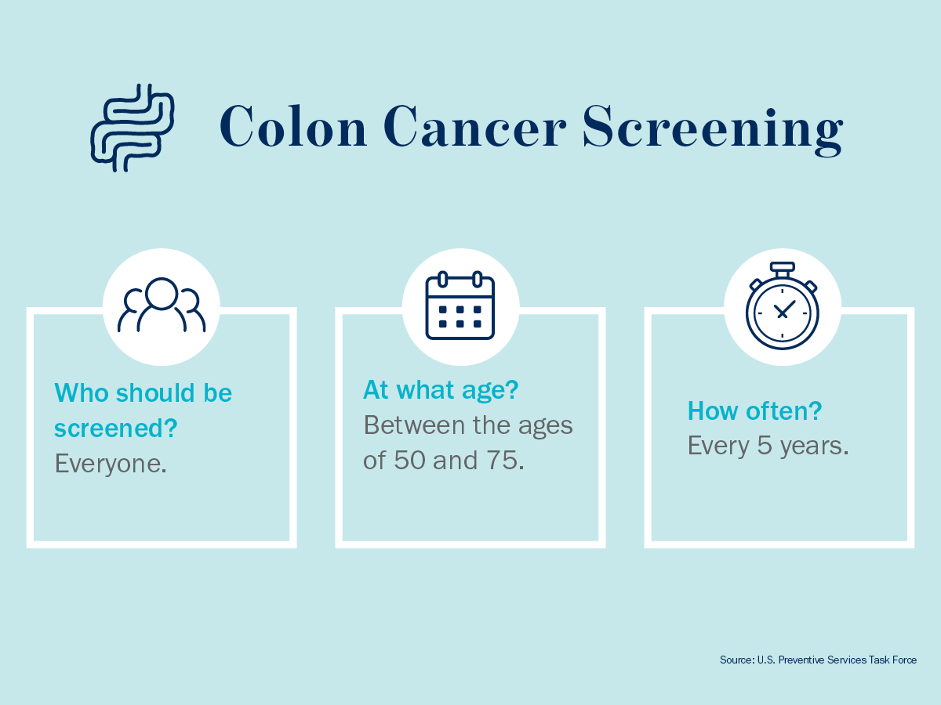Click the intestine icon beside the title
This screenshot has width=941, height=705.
coord(133,128)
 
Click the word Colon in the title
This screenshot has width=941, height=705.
coord(293,126)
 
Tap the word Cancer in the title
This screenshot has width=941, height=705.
coord(474,126)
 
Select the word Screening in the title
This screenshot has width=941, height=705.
coord(713,130)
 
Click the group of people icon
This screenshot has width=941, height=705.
coord(162,305)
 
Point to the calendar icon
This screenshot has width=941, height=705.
coord(460,305)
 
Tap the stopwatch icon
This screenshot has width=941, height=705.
coord(783,305)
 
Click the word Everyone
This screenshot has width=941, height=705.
coord(111,464)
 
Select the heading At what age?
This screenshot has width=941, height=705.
coord(441,390)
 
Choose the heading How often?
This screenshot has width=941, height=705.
coord(755,411)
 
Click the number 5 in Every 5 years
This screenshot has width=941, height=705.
coord(765,446)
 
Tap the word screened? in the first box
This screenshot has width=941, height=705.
coord(116,428)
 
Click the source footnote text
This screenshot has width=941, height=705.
coord(818,660)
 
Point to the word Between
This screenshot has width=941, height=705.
coord(414,425)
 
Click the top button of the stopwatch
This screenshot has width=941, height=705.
coord(783,268)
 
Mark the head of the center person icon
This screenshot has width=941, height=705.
coord(162,294)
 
